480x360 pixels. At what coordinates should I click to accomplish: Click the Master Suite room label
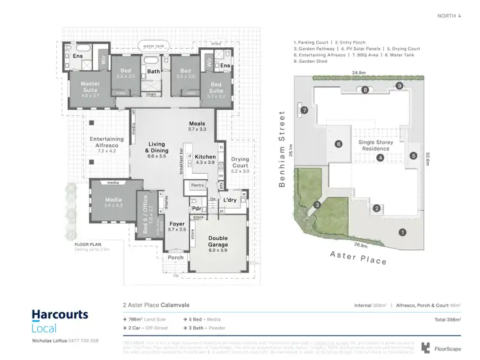90,86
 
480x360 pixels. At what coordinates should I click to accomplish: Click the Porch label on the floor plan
175,258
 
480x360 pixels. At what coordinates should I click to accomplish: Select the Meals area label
197,126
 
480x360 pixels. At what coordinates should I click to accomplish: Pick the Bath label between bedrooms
154,72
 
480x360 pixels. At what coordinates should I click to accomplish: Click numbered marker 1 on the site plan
402,233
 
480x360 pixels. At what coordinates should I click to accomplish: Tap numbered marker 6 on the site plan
339,144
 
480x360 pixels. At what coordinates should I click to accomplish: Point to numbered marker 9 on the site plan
399,86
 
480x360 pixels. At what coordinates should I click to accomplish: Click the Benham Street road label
281,149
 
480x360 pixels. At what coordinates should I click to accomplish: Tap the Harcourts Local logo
60,322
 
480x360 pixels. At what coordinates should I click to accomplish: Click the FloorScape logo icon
426,348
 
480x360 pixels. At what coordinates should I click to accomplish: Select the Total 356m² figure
446,318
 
